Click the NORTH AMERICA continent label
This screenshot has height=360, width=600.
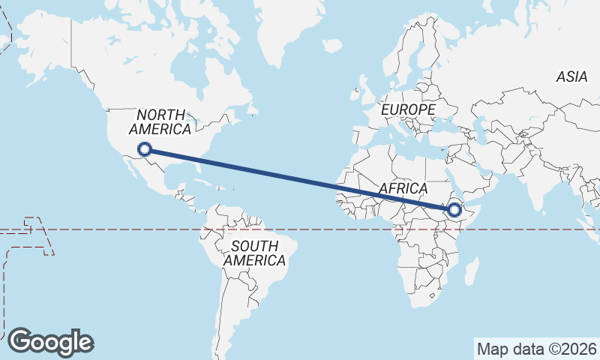click(x=160, y=121)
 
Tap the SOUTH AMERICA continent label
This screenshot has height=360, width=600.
click(x=255, y=253)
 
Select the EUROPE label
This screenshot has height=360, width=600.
click(x=408, y=109)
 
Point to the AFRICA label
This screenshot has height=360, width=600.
click(x=403, y=188)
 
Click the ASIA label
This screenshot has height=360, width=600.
click(x=571, y=76)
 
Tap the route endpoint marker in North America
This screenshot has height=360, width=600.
click(x=145, y=149)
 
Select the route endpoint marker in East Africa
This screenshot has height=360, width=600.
click(x=454, y=210)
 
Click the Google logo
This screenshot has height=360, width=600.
click(x=50, y=342)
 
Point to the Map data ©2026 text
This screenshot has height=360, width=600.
click(x=537, y=349)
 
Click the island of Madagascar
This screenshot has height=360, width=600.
click(x=471, y=270)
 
